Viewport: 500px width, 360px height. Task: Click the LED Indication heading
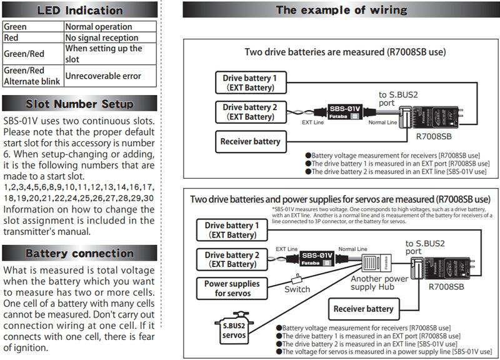[x=79, y=10]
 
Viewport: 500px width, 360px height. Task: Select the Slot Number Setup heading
[x=79, y=104]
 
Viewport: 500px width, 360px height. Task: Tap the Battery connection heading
[x=79, y=254]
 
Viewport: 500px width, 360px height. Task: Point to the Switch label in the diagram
[x=297, y=289]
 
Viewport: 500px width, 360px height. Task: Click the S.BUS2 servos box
[x=234, y=329]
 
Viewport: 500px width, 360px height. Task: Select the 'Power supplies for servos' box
[x=232, y=288]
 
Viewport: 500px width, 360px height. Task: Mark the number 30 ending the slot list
[x=148, y=198]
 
